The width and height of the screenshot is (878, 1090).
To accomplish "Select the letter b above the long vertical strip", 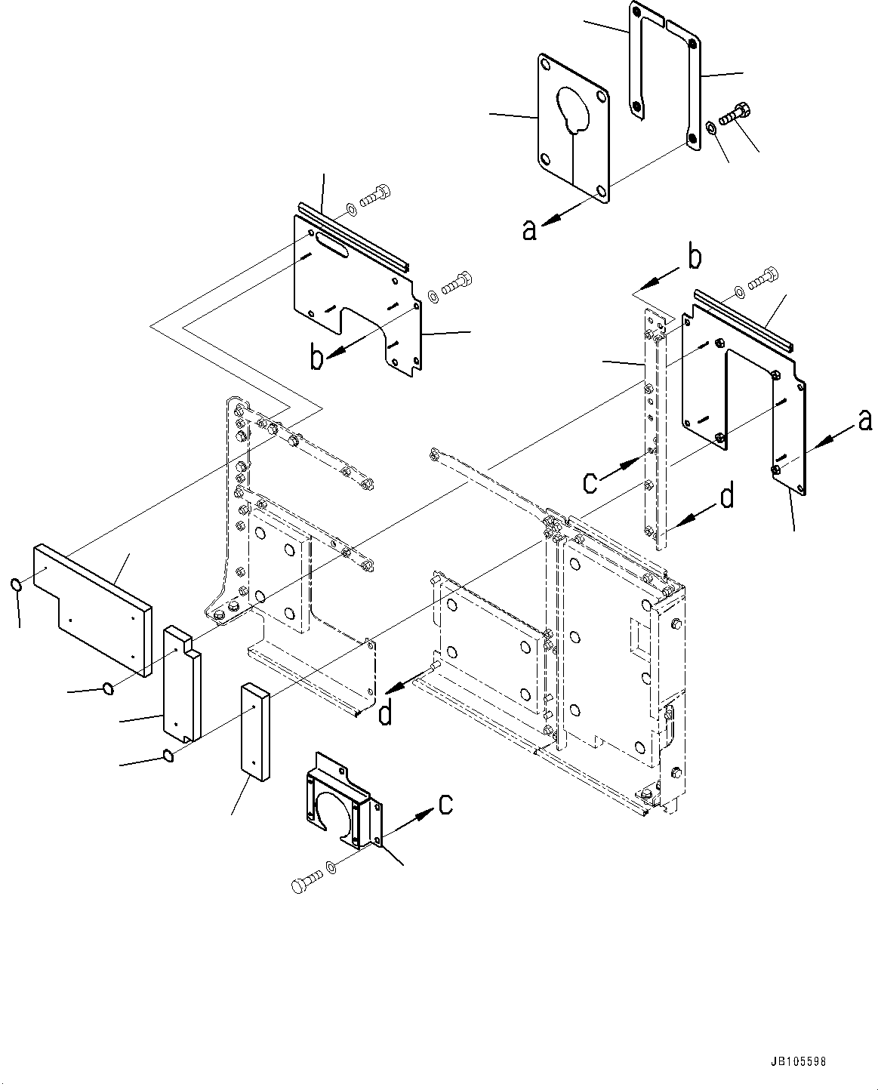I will point(695,258).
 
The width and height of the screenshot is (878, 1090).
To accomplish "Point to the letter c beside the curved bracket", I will point(446,805).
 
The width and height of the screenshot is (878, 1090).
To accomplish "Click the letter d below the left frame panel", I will point(385,712).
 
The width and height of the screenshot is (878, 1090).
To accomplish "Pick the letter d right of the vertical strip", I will point(726,498).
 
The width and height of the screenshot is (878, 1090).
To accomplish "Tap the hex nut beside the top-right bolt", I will point(712,127).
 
